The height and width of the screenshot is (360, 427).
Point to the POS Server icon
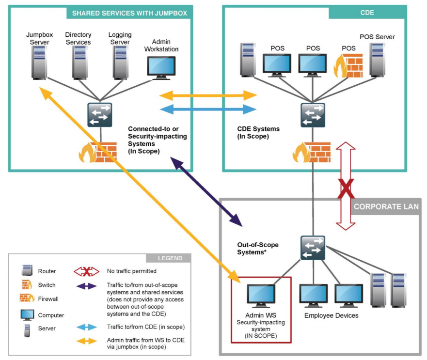click(x=378, y=60)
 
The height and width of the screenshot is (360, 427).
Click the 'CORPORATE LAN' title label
click(x=386, y=206)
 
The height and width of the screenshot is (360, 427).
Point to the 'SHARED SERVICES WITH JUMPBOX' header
click(x=129, y=13)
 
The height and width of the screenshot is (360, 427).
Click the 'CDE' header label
click(x=367, y=13)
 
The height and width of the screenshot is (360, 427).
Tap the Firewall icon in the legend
click(x=27, y=298)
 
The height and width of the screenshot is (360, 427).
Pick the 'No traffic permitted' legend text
click(x=131, y=271)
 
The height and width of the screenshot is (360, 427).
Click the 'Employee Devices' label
click(x=331, y=315)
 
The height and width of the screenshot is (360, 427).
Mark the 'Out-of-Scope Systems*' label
click(x=258, y=249)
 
